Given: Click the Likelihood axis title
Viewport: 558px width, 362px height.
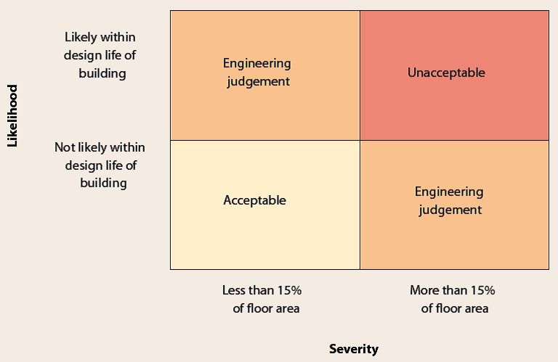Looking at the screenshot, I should tap(12, 115).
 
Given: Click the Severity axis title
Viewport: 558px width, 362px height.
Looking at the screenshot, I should tap(354, 349).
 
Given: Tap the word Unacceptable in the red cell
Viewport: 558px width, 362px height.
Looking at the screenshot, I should tap(446, 73).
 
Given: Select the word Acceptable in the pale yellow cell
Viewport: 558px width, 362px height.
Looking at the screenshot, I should tap(254, 200).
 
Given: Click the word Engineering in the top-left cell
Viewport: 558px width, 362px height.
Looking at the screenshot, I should tap(256, 63).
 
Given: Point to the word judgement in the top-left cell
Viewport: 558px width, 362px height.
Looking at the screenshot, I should tap(258, 81).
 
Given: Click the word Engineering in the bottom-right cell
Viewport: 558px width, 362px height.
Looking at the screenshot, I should tap(448, 192).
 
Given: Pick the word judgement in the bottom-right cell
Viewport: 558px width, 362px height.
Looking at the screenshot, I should tap(450, 210).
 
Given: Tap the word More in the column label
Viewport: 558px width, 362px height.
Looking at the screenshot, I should tap(424, 290).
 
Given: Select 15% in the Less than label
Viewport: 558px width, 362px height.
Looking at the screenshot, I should tap(288, 290).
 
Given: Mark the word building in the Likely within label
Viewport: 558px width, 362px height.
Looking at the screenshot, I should tap(102, 73).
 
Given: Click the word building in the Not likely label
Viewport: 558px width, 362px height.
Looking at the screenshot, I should tap(103, 183).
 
